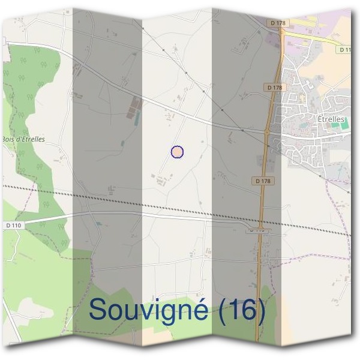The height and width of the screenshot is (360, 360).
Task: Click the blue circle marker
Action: point(177,152)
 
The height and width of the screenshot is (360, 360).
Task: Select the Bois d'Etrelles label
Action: point(23,139)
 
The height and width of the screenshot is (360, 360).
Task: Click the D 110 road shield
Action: point(13,224)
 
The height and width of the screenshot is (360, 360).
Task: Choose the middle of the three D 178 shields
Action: point(273,88)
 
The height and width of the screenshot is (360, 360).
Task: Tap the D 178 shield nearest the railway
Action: point(262,181)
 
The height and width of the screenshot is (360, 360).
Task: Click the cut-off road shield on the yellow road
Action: point(344,50)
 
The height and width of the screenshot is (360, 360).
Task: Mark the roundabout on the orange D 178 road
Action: point(267,131)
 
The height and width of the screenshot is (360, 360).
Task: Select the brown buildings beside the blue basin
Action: point(133,108)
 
